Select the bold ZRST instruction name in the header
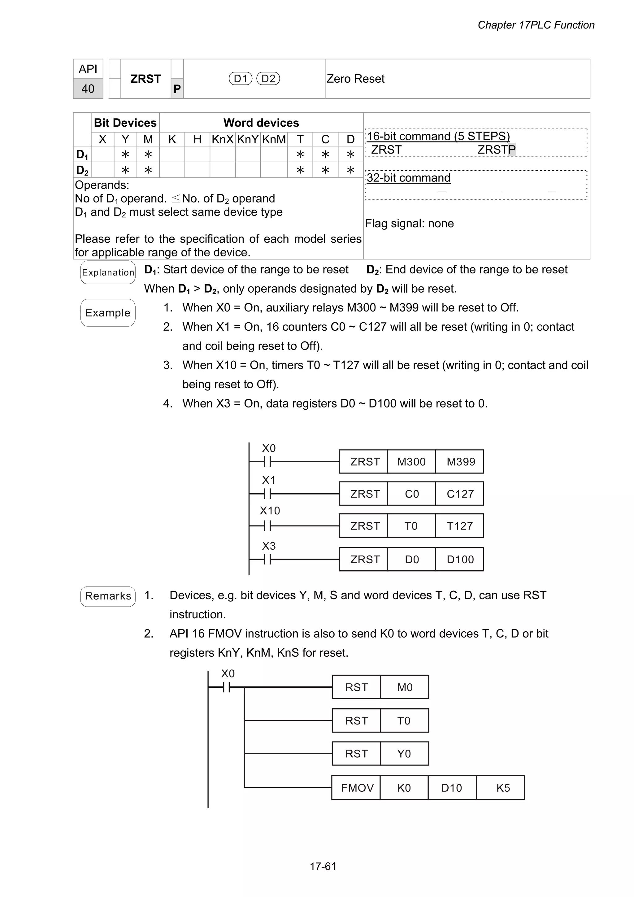(x=145, y=79)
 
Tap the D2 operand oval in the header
(x=268, y=79)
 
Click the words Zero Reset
(x=355, y=79)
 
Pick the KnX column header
(x=222, y=139)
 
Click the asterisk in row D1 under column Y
(x=125, y=155)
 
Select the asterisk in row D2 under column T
(x=300, y=170)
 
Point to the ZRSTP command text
(x=496, y=150)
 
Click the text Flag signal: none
(x=409, y=224)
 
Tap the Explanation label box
(x=108, y=272)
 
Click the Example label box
(x=108, y=312)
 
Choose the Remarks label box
(x=108, y=596)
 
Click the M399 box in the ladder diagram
(x=461, y=462)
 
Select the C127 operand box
(x=460, y=494)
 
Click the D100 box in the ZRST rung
(x=460, y=560)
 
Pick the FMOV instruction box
(x=357, y=788)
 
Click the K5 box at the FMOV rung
(x=503, y=788)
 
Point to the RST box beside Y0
(x=356, y=754)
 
